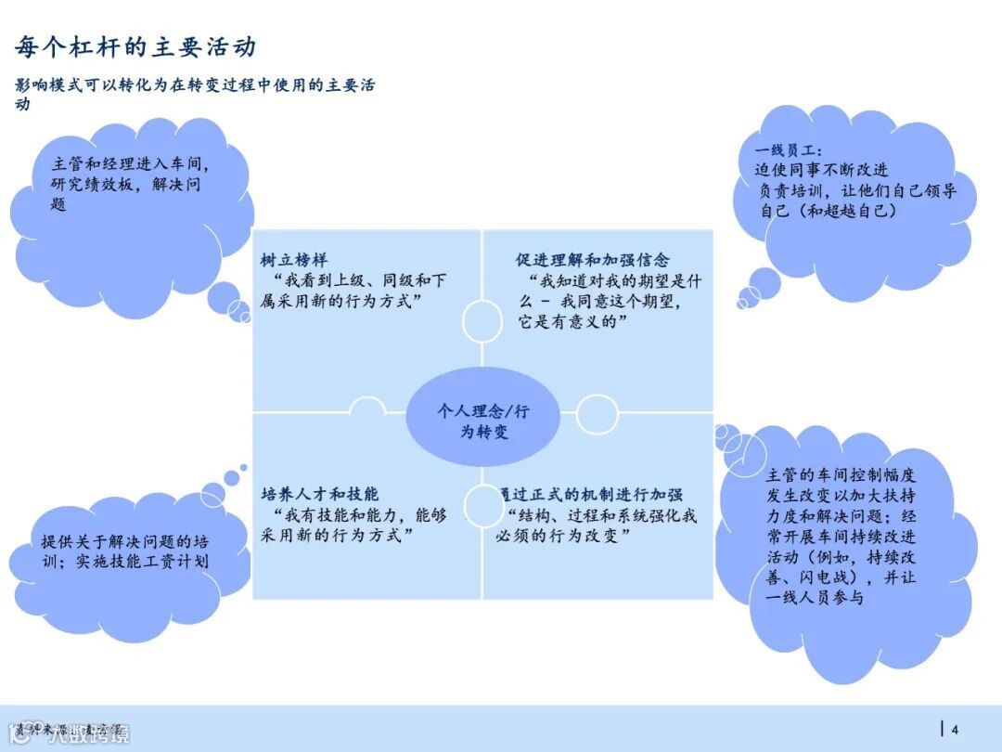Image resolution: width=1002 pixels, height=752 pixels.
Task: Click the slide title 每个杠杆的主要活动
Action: tap(135, 46)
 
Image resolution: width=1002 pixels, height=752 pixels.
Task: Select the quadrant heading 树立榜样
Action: tap(294, 260)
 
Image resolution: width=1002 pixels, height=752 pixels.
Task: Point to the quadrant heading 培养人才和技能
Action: tap(320, 494)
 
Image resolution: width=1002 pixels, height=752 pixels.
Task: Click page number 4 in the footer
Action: tap(955, 729)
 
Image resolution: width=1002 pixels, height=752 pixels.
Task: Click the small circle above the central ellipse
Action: tap(482, 321)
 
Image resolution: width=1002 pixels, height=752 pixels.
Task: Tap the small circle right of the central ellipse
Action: tap(597, 413)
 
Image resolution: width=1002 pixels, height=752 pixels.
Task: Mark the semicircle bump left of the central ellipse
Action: tap(367, 407)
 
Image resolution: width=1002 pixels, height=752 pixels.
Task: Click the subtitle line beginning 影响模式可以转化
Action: tap(195, 85)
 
